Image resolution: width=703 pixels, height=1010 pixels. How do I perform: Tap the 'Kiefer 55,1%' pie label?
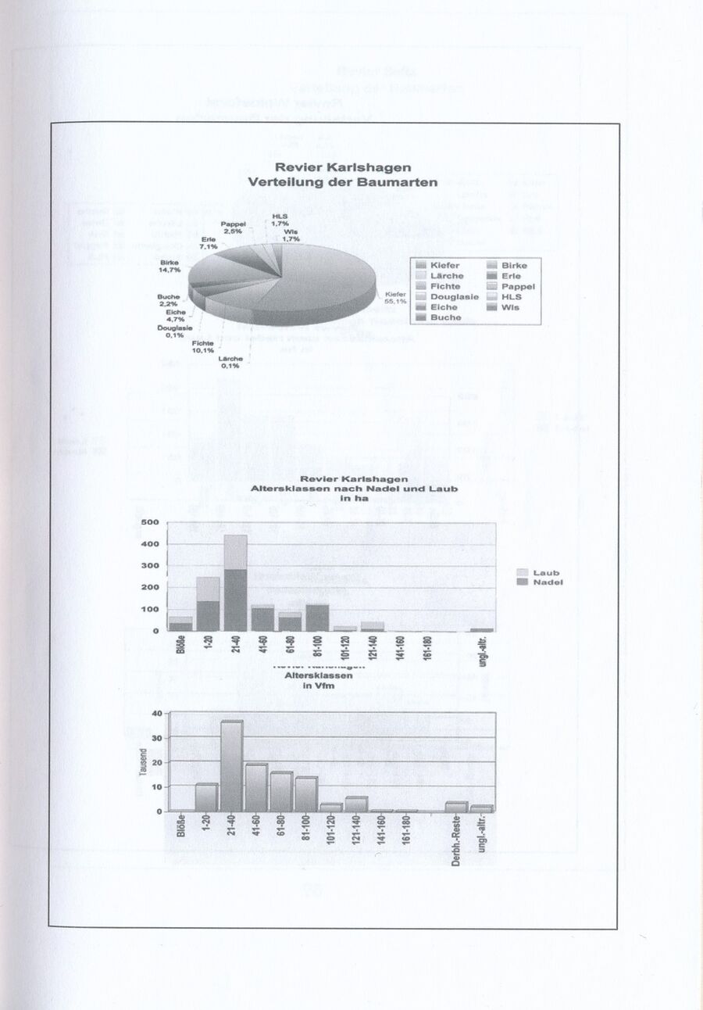click(395, 297)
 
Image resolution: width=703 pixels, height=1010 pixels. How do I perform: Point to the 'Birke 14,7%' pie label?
click(170, 266)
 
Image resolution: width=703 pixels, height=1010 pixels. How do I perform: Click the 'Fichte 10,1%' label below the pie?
click(203, 346)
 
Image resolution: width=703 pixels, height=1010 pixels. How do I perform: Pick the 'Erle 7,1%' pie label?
click(208, 242)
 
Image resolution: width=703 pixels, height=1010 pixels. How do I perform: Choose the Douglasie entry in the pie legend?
click(454, 297)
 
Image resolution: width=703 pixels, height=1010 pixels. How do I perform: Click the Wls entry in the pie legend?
click(510, 307)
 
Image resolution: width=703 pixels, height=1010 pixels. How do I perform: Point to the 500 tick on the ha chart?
click(151, 522)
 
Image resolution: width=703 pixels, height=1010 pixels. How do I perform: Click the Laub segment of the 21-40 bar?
click(236, 552)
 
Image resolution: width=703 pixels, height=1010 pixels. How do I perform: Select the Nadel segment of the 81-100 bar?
click(317, 618)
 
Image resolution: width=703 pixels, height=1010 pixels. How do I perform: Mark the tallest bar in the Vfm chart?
click(231, 765)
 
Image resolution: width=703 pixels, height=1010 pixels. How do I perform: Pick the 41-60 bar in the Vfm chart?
click(257, 787)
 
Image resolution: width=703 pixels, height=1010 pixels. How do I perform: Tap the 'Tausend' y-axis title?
click(143, 762)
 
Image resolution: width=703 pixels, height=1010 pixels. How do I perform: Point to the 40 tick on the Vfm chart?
click(155, 713)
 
